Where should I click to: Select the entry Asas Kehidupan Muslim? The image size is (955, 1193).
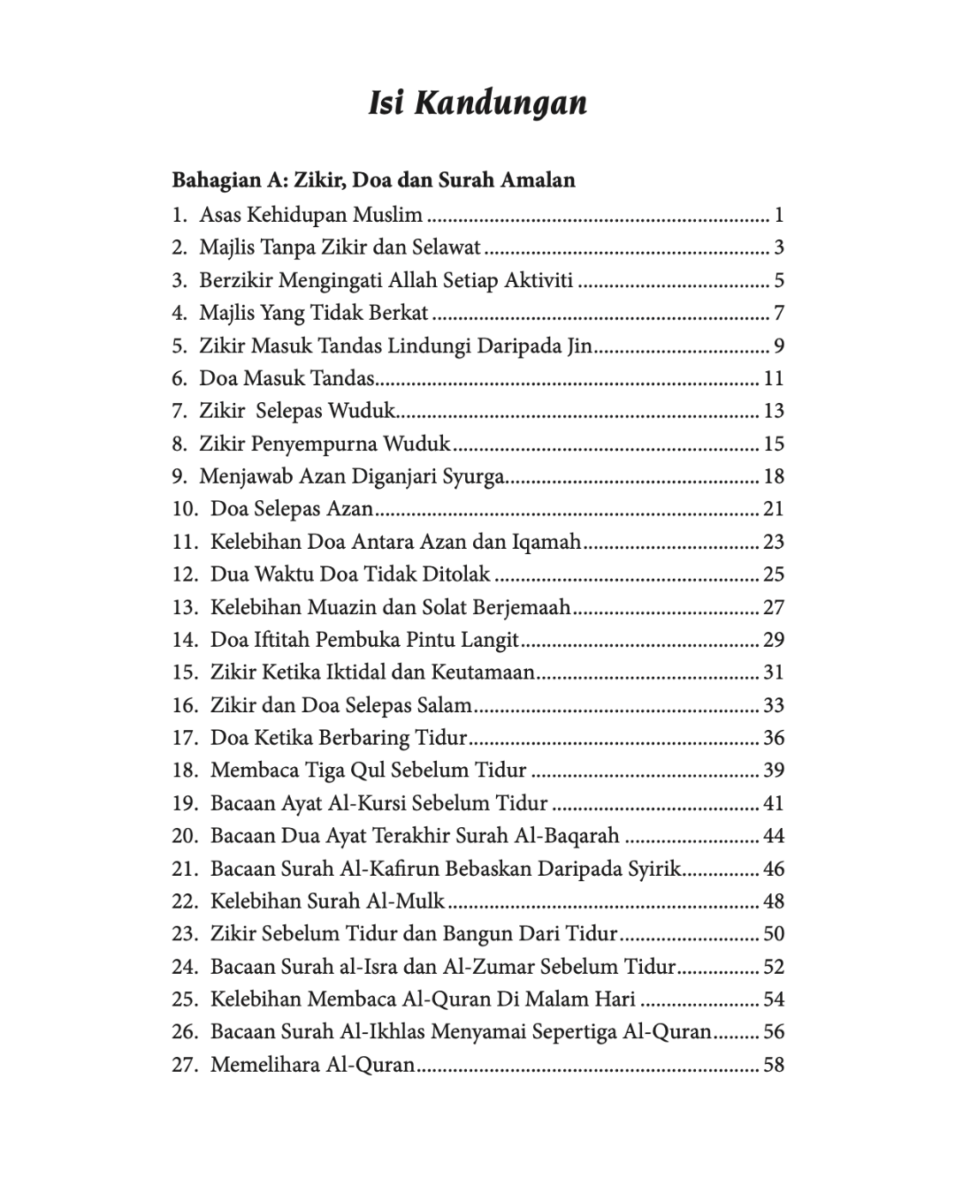click(x=310, y=215)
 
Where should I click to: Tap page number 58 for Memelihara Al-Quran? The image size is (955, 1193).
click(x=774, y=1065)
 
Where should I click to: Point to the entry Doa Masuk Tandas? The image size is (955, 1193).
click(x=286, y=378)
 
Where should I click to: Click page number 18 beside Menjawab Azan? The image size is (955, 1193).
click(x=774, y=476)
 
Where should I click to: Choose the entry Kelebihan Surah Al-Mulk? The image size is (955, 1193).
click(x=327, y=901)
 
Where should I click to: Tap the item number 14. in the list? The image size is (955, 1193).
click(x=186, y=640)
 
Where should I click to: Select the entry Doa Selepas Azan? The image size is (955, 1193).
click(x=291, y=509)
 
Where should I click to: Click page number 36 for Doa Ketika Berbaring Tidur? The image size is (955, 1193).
click(x=774, y=738)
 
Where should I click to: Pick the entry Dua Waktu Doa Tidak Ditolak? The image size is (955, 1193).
click(x=349, y=574)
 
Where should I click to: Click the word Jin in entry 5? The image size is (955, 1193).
click(x=578, y=346)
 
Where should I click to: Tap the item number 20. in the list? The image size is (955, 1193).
click(x=186, y=836)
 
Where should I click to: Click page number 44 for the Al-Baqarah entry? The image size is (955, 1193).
click(x=774, y=836)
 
